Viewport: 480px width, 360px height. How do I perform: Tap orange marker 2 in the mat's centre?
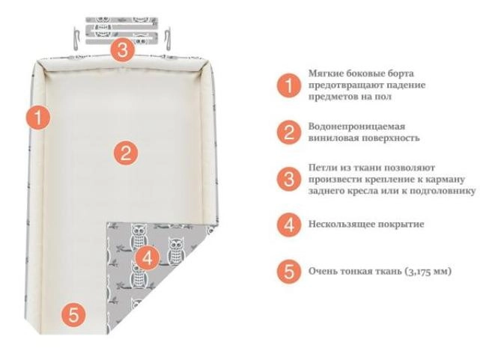126,153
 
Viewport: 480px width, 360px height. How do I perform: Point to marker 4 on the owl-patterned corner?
148,258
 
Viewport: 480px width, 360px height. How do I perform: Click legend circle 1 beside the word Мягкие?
287,85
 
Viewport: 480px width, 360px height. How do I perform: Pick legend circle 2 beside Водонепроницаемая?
287,132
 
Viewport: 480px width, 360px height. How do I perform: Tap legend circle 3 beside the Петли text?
287,179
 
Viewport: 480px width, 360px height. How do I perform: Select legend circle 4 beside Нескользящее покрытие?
287,225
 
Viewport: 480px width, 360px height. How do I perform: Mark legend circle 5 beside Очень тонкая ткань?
287,271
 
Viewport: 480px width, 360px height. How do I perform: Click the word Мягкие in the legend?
326,73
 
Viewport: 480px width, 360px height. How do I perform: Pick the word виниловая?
329,138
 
